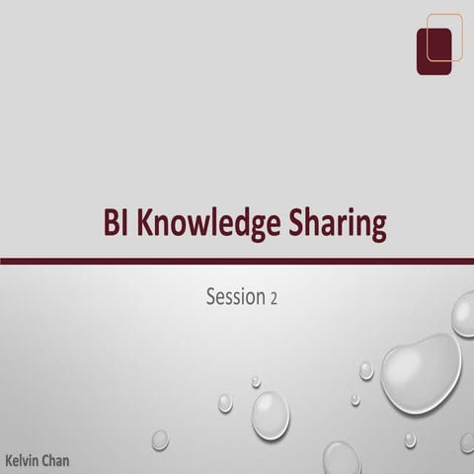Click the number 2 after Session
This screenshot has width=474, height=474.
[274, 297]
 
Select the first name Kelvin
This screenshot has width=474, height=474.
[22, 460]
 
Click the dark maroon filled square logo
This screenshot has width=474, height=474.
[434, 50]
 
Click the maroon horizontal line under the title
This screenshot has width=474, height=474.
[237, 261]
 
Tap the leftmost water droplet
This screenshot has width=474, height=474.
[160, 438]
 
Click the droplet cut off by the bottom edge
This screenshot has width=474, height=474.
[342, 459]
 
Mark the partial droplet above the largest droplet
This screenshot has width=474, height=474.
[463, 314]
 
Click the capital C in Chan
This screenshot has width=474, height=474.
[43, 460]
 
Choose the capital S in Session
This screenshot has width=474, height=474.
[211, 295]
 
